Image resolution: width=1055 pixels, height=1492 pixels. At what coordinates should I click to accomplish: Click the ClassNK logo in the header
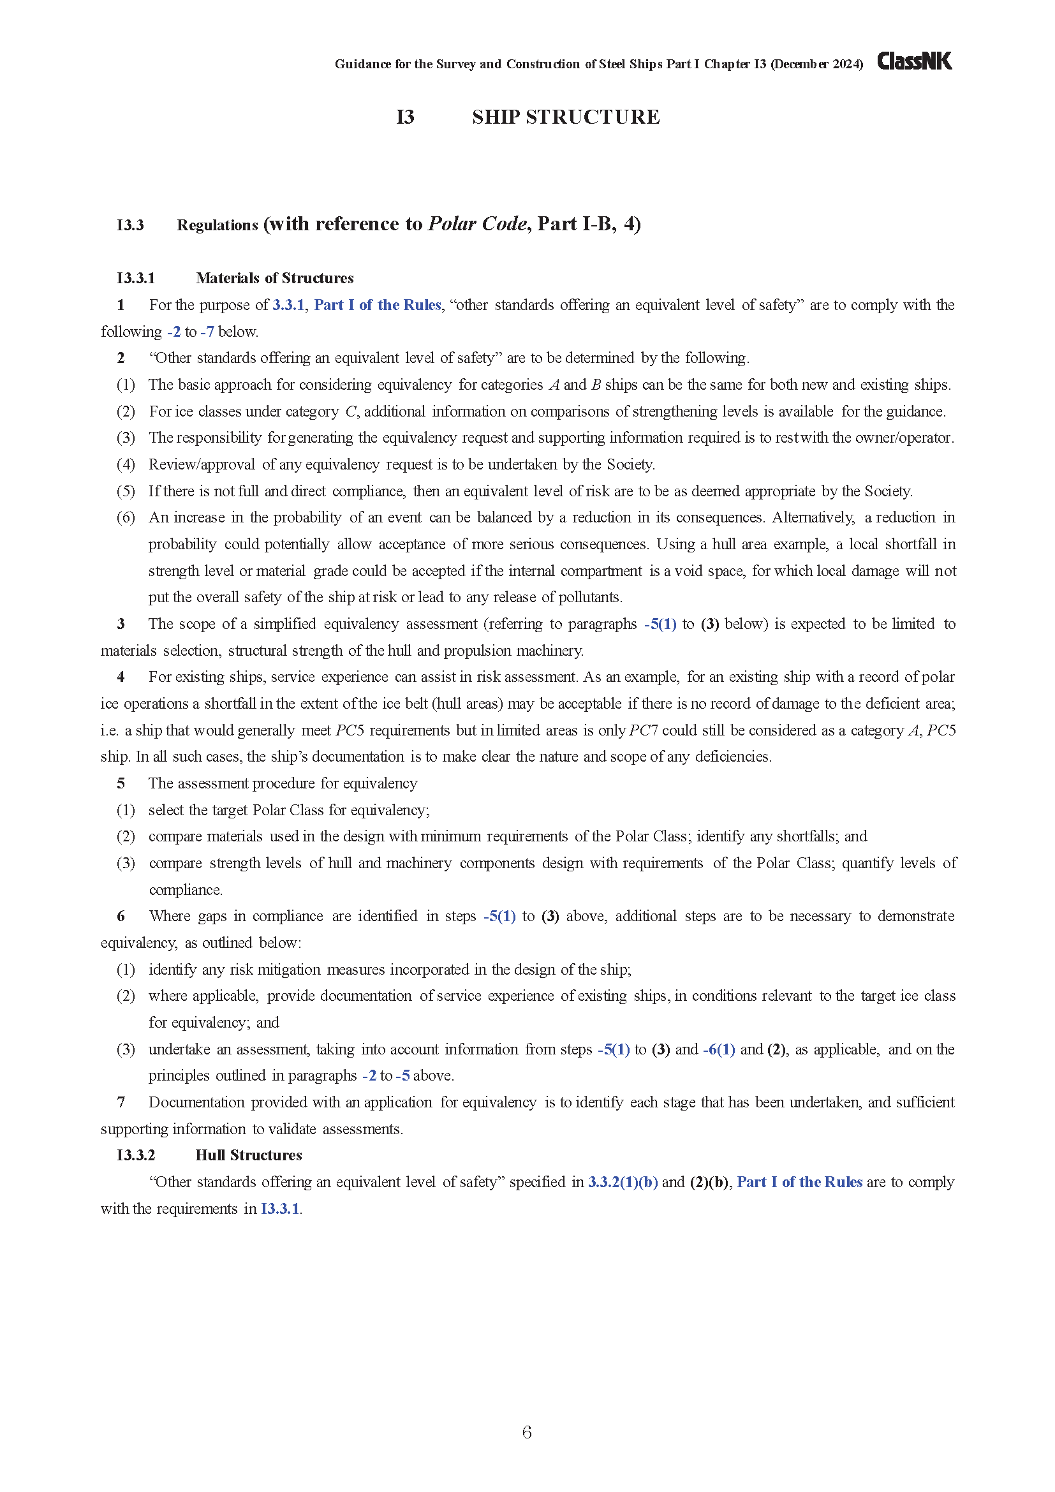(914, 61)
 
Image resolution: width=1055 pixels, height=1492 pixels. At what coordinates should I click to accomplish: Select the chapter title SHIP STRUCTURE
(566, 117)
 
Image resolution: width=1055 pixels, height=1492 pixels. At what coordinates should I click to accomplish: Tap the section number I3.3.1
(136, 278)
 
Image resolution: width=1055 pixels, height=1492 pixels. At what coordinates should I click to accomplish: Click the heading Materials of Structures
(275, 278)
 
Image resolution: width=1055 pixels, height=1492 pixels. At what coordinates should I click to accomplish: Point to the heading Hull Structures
(249, 1155)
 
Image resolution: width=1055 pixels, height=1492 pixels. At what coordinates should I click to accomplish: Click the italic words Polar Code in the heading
(478, 223)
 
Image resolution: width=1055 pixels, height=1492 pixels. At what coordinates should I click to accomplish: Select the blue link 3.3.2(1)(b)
(623, 1182)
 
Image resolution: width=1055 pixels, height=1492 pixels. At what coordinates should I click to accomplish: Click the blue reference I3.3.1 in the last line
(280, 1209)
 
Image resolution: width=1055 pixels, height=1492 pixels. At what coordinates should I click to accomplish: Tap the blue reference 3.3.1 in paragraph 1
(288, 305)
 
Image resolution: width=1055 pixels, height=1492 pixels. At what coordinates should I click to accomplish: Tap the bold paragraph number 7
(121, 1102)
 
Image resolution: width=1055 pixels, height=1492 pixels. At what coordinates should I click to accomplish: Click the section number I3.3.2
(136, 1155)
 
